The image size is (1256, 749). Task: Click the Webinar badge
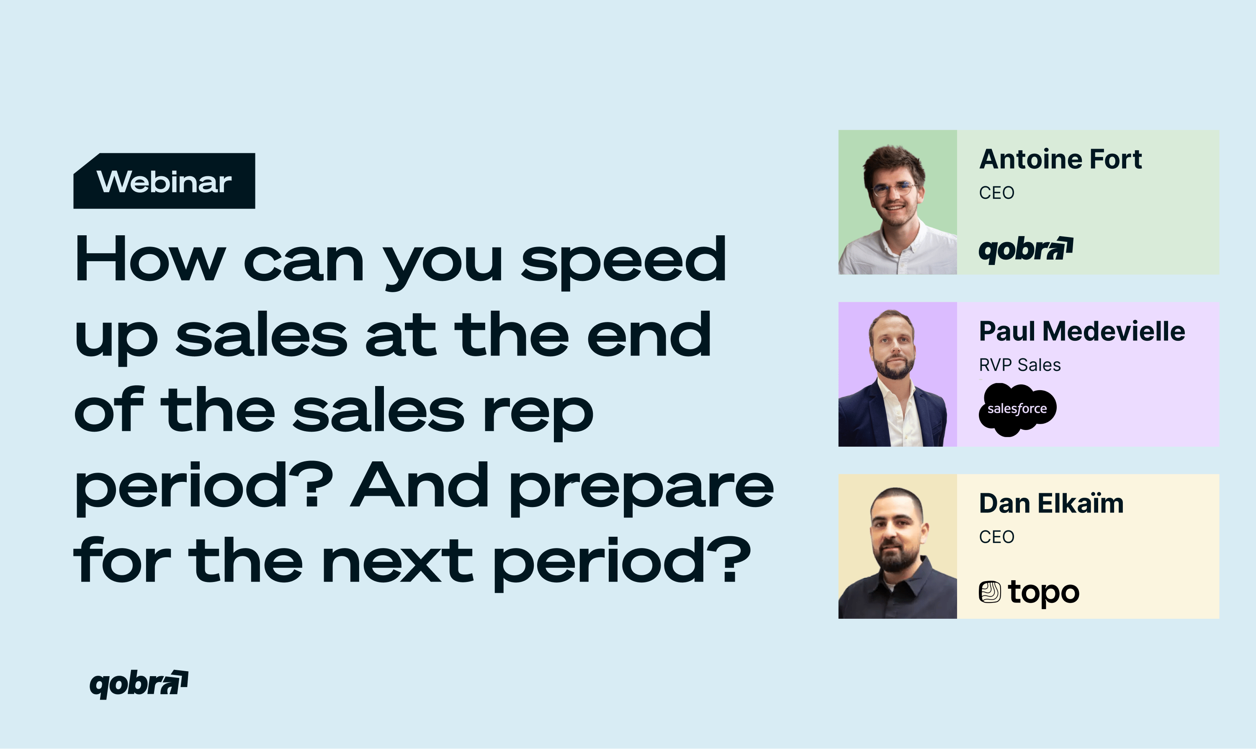click(165, 181)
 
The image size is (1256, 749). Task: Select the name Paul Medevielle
click(1082, 332)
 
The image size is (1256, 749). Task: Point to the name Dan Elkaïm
click(1051, 503)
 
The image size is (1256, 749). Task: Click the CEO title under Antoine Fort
click(996, 193)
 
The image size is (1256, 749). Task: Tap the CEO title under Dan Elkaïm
click(996, 537)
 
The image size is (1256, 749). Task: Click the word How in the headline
click(150, 259)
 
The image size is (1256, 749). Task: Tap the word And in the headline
click(420, 484)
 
